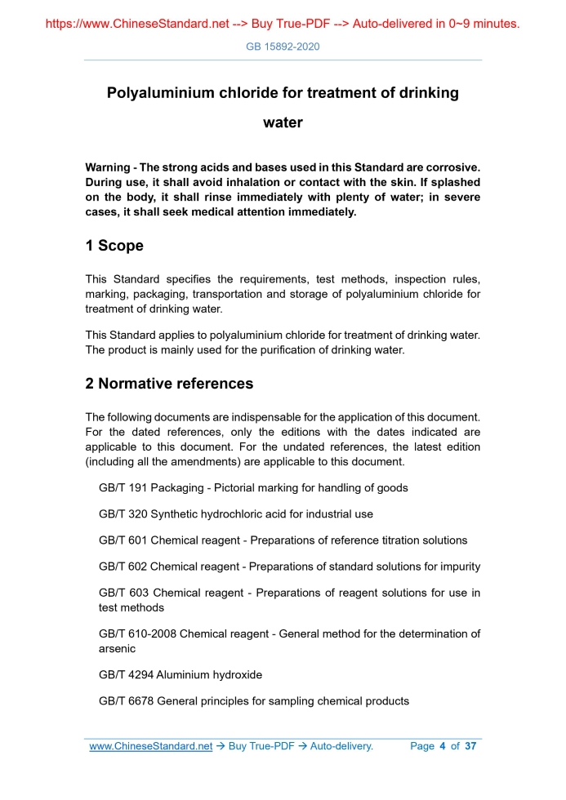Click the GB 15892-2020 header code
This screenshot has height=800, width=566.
coord(283,47)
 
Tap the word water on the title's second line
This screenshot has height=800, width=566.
coord(283,123)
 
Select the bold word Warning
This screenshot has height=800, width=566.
coord(110,167)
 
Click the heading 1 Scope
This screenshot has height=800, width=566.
coord(114,246)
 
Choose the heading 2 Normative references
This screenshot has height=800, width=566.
coord(169,384)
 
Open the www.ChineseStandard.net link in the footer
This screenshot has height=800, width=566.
coord(150,746)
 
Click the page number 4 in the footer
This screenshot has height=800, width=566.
coord(442,746)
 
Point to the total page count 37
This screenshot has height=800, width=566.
coord(470,746)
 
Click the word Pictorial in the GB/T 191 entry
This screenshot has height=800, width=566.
coord(234,487)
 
